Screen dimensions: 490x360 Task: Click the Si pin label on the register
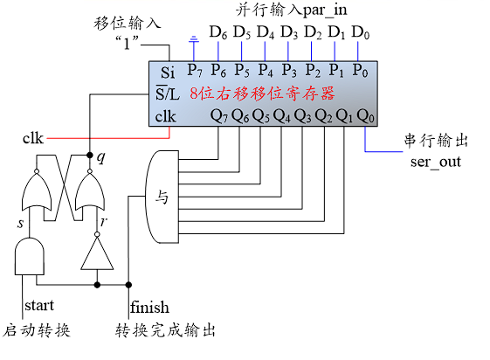coord(168,73)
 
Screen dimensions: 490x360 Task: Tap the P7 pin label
coord(195,70)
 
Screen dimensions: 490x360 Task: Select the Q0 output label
coord(365,115)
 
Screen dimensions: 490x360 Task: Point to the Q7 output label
coord(219,115)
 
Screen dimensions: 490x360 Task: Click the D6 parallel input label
coord(218,32)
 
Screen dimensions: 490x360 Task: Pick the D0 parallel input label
coord(361,32)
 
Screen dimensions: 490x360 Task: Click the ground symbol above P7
coord(194,39)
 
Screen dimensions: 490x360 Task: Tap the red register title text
coord(262,93)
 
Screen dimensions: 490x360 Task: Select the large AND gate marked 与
coord(162,197)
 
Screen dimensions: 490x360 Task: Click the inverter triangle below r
coord(97,253)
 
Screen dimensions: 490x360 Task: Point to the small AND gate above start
coord(30,257)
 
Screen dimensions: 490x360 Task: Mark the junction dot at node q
coord(90,155)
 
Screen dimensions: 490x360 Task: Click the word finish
coord(149,307)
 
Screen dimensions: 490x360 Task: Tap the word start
coord(39,305)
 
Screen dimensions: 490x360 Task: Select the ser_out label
coord(436,162)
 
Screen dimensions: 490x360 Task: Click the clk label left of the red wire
coord(33,138)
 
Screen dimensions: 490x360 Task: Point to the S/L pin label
coord(168,93)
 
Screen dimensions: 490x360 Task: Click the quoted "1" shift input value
coord(127,43)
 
